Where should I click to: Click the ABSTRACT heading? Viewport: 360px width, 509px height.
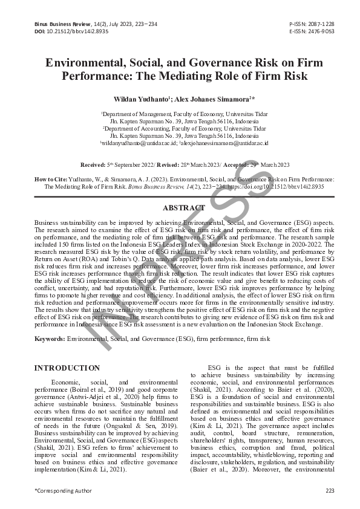click(x=180, y=207)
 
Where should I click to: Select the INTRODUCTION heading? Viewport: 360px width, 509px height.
click(x=67, y=368)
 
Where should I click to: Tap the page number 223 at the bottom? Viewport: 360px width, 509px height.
click(x=330, y=490)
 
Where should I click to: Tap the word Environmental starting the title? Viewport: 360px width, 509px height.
click(x=87, y=63)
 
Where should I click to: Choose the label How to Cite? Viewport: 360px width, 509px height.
click(x=53, y=180)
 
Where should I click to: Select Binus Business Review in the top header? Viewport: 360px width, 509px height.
click(x=53, y=24)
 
